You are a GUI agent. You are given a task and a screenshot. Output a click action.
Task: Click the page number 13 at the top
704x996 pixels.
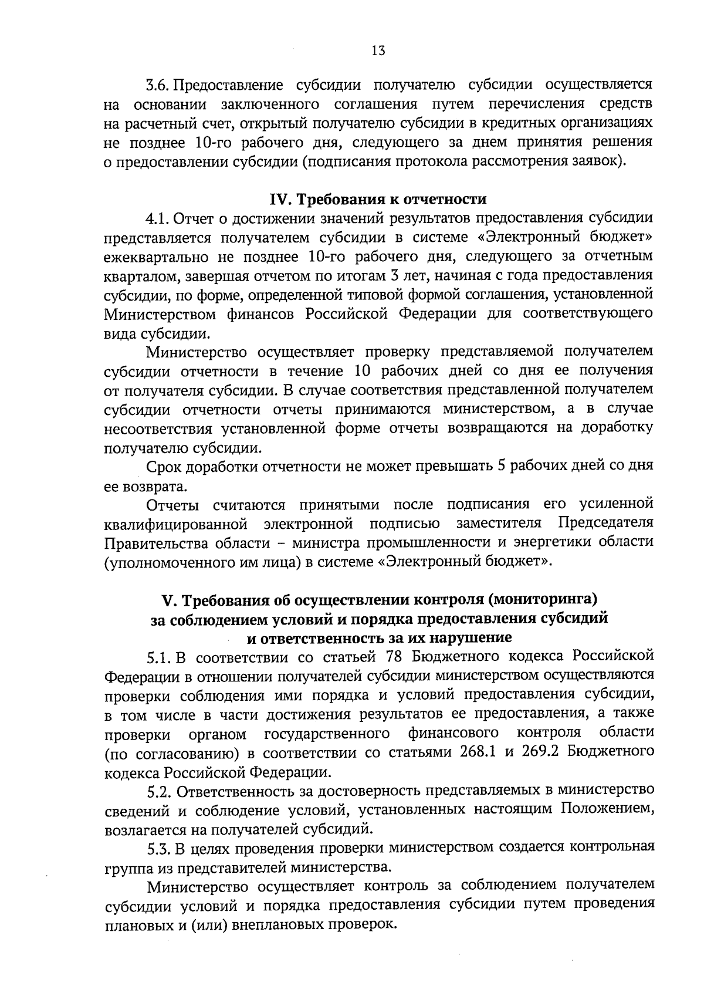[x=378, y=50]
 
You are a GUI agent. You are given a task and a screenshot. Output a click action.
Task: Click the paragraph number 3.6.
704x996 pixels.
[x=158, y=85]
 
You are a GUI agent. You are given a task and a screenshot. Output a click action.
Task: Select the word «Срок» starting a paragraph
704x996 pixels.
[x=164, y=467]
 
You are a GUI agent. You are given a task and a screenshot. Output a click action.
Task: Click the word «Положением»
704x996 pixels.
[x=607, y=809]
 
